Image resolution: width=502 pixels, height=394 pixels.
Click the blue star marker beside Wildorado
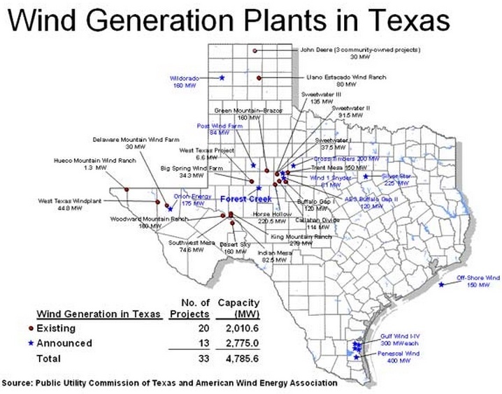(x=222, y=78)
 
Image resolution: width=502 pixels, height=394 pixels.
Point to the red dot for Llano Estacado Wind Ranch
(x=259, y=78)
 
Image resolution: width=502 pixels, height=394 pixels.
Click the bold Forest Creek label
(x=245, y=199)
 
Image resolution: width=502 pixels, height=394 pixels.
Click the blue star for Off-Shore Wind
(x=441, y=284)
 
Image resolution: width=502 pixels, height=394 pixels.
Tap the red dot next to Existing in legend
(x=31, y=328)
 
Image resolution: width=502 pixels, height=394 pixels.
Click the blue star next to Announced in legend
(x=31, y=344)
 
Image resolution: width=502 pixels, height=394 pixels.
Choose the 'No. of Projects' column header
(x=191, y=307)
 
